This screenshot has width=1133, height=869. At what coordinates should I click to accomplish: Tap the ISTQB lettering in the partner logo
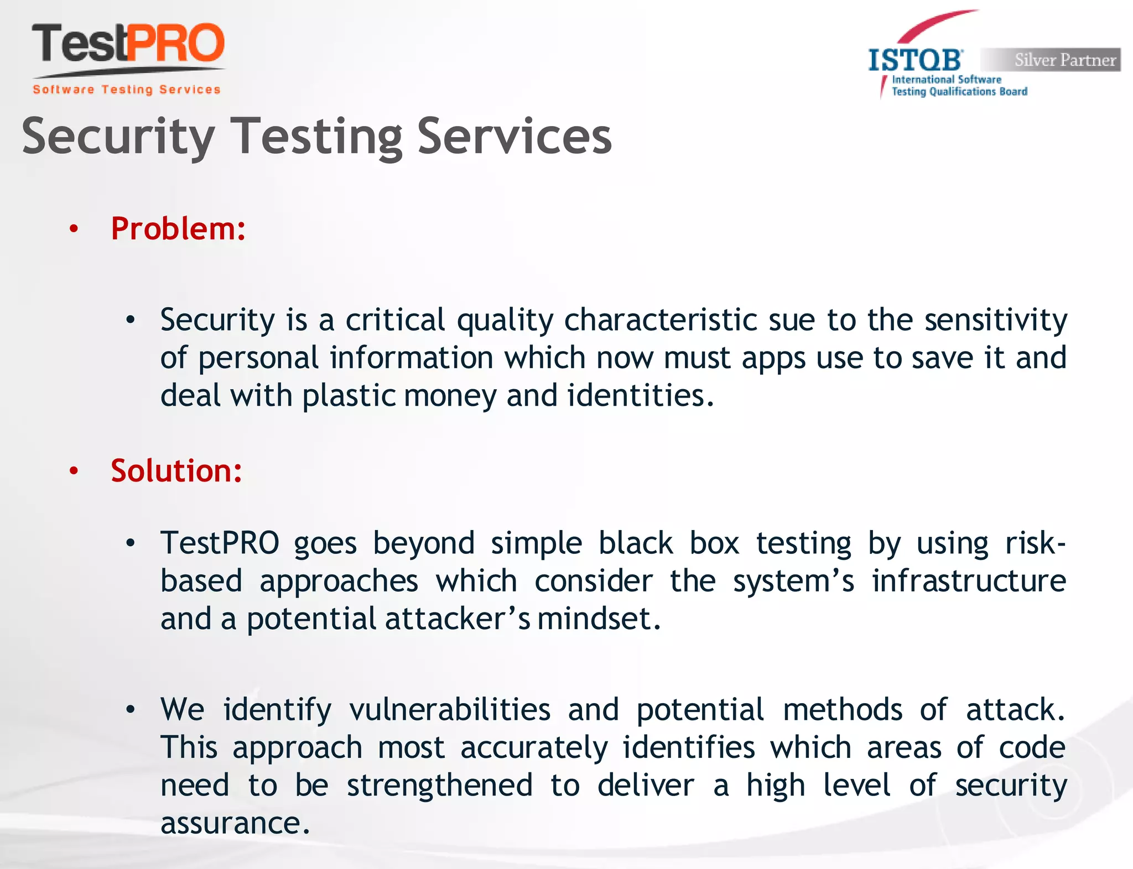coord(916,60)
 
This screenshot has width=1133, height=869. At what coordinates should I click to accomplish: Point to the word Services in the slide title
coord(514,136)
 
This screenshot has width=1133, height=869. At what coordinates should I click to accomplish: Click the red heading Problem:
coord(178,228)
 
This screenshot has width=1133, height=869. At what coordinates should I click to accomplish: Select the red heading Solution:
coord(176,470)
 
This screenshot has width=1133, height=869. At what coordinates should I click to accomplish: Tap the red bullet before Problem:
coord(74,229)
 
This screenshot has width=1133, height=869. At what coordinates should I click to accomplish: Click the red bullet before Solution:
coord(74,471)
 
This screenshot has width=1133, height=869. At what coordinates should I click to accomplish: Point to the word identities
coord(640,396)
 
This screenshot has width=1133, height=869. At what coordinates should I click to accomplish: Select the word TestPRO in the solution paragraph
coord(220,543)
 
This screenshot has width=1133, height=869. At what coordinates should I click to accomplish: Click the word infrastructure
coord(969,581)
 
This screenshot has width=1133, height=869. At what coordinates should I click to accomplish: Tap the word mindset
coord(598,619)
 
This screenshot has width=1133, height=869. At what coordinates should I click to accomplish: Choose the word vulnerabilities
coord(450,710)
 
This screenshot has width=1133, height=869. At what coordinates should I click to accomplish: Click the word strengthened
coord(440,786)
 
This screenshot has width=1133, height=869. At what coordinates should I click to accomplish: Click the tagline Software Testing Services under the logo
coord(127,90)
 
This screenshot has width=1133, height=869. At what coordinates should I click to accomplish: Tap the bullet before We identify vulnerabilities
coord(131,710)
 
